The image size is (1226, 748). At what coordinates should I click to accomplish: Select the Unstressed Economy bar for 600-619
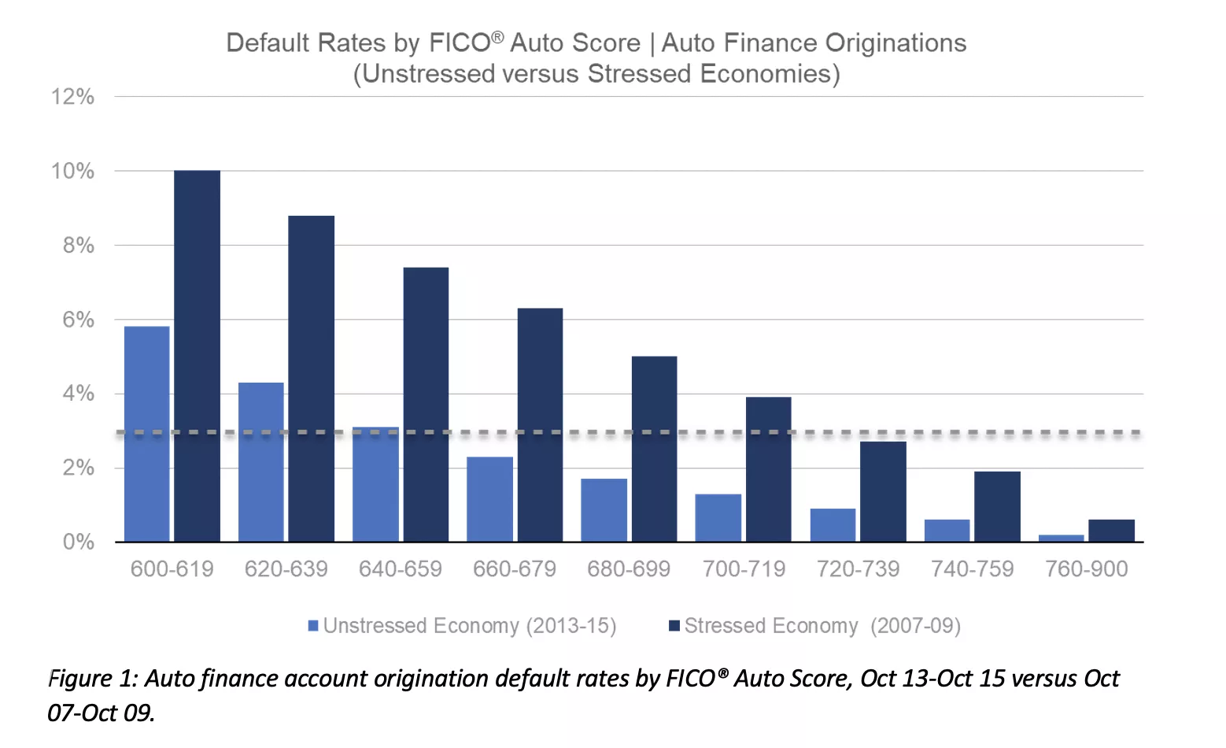tap(146, 434)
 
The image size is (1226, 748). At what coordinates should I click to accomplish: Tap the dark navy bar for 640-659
tap(426, 405)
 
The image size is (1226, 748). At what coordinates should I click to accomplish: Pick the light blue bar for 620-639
tap(260, 462)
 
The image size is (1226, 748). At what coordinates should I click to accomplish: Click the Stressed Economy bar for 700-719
tap(768, 469)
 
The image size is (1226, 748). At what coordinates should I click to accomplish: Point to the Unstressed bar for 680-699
tap(604, 510)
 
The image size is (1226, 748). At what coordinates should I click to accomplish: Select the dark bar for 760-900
tap(1111, 531)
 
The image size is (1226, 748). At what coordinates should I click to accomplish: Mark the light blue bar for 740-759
tap(947, 531)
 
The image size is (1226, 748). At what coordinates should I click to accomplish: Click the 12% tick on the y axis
tap(72, 97)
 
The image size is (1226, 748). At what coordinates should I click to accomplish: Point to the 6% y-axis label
tap(78, 320)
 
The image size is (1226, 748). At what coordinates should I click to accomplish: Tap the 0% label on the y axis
tap(78, 542)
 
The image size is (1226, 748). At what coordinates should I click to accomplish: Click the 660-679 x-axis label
tap(515, 568)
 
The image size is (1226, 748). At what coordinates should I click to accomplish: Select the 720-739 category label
tap(858, 568)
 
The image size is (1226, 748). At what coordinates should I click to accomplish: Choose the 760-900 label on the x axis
tap(1086, 568)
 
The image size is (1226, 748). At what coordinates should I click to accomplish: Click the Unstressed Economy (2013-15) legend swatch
tap(313, 626)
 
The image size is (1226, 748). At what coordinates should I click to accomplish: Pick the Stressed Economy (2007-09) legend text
tap(822, 626)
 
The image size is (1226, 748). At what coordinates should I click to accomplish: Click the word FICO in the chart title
tap(460, 43)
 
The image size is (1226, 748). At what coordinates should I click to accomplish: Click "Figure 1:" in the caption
tap(93, 679)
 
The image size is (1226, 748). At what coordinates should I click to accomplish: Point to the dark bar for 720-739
tap(883, 491)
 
